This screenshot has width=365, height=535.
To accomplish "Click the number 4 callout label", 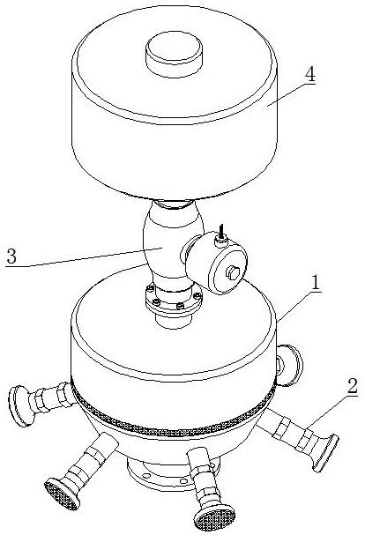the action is pos(309,75).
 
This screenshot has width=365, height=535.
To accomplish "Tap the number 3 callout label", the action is pos(11,256).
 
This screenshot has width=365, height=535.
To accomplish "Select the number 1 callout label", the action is pos(316,283).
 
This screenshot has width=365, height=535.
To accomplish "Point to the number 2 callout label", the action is pos(352,387).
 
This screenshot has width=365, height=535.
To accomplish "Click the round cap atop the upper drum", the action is pos(174,54).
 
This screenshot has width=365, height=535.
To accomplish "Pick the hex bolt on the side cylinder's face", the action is pos(234,273).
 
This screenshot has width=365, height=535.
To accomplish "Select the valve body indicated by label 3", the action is pos(171,246).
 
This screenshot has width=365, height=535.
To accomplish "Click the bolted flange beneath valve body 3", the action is pos(174,300).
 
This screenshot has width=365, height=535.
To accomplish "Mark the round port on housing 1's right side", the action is pos(288,365).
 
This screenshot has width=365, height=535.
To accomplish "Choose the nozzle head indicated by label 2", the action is pos(325,452).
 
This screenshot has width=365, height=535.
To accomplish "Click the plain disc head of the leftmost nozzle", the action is pos(21,406).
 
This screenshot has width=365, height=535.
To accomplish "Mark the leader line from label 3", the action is pos(84,257).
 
